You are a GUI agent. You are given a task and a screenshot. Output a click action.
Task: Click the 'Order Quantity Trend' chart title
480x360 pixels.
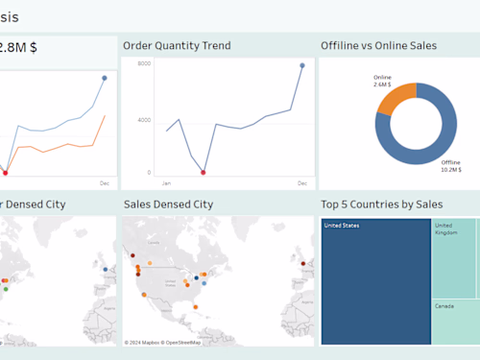click(x=177, y=45)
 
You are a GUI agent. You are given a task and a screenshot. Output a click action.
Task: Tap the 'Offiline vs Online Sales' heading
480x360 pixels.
click(x=378, y=45)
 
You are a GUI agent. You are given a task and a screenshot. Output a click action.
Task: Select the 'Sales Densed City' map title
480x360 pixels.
click(x=168, y=204)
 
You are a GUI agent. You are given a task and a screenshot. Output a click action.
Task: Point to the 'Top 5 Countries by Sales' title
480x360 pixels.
click(x=381, y=204)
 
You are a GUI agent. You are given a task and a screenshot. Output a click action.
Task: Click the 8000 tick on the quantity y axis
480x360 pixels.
click(x=144, y=63)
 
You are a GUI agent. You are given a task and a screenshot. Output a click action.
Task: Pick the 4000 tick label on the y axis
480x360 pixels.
click(x=144, y=120)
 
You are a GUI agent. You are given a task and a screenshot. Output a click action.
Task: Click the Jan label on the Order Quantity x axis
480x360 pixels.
click(x=166, y=182)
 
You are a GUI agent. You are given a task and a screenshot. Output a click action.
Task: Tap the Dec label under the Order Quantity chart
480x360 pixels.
click(x=301, y=182)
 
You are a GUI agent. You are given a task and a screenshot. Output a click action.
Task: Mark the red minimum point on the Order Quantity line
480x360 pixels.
click(x=203, y=173)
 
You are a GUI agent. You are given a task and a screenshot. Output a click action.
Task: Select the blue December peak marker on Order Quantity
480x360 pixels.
click(x=301, y=65)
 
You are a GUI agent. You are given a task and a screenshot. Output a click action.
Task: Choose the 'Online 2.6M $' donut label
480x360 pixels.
click(x=382, y=81)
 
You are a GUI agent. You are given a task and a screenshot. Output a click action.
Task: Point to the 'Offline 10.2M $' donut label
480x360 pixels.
click(x=450, y=166)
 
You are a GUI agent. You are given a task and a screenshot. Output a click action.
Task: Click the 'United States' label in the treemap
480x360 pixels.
click(x=341, y=226)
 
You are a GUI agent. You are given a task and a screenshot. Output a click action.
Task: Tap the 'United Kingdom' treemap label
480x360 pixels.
click(x=445, y=228)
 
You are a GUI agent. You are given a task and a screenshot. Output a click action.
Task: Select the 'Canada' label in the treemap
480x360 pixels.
click(x=444, y=305)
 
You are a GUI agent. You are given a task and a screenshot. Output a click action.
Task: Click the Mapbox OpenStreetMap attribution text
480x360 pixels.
click(x=162, y=342)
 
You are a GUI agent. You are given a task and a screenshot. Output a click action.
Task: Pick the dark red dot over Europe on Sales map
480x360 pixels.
click(x=303, y=263)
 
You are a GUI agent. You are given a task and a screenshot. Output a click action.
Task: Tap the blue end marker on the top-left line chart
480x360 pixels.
click(x=105, y=78)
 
